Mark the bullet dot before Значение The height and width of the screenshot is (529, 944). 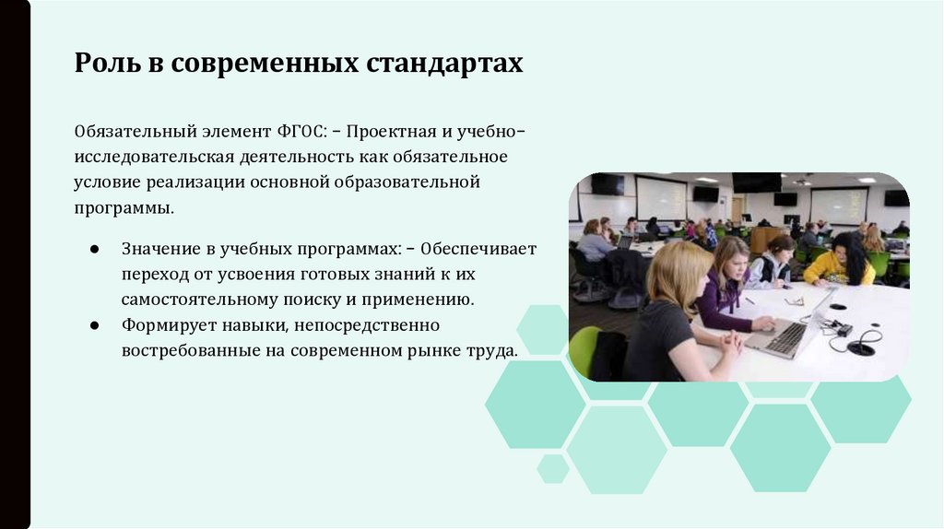click(x=96, y=251)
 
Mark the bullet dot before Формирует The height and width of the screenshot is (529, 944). click(x=96, y=326)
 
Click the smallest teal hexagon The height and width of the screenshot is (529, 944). click(x=553, y=467)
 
